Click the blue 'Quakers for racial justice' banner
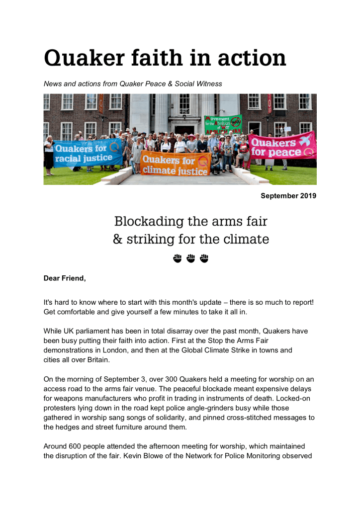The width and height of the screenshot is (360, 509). click(88, 154)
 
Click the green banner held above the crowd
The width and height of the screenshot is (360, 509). click(223, 124)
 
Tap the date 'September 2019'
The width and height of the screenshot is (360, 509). click(288, 196)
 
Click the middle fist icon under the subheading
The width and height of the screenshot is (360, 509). click(190, 258)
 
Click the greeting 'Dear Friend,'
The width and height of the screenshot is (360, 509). click(65, 278)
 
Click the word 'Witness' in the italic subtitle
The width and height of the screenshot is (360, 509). click(209, 84)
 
